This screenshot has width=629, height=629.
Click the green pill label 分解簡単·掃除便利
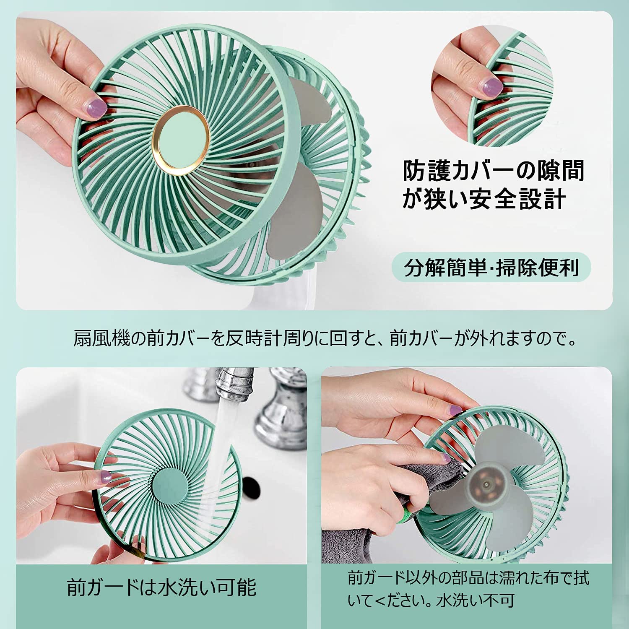491,268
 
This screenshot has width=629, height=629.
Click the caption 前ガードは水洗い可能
161,587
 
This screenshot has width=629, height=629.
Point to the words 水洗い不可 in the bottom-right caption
475,601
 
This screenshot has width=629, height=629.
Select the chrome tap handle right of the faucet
281,415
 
